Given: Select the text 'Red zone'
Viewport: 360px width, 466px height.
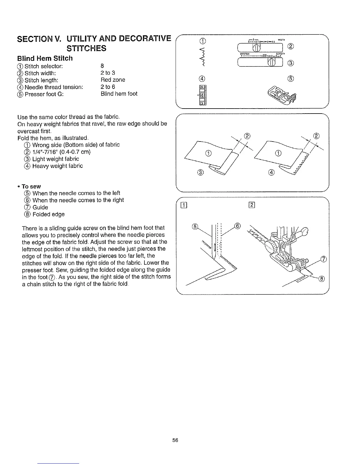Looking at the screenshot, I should pyautogui.click(x=113, y=80).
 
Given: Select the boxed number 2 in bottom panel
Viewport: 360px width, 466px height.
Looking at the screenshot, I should pyautogui.click(x=252, y=205).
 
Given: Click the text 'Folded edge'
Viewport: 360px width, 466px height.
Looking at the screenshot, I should pyautogui.click(x=49, y=214).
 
